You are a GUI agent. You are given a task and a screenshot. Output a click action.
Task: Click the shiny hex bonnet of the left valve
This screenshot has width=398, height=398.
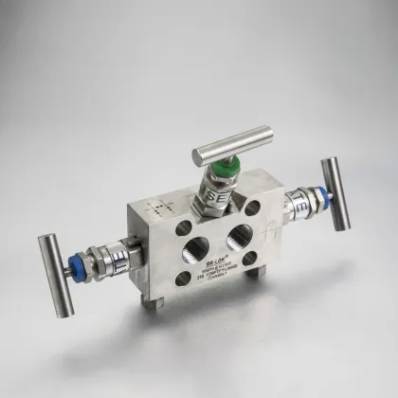[x=109, y=254]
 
